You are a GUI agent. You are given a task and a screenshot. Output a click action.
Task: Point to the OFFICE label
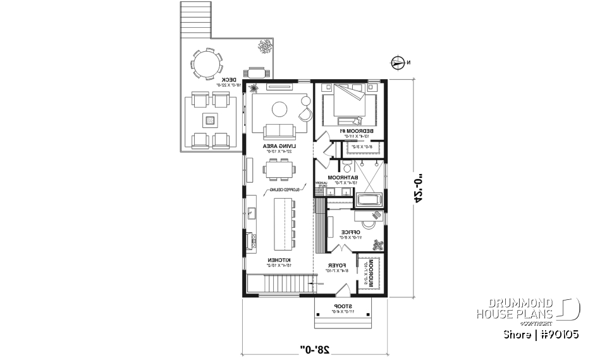point(350,232)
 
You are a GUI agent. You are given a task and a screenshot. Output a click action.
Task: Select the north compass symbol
point(398,62)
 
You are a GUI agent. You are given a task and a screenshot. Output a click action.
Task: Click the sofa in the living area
point(279,131)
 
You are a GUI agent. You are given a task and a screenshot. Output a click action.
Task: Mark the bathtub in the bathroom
point(368,201)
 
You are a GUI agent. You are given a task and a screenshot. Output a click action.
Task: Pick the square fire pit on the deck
point(210,119)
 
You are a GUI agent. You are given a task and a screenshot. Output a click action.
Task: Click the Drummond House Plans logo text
point(515,308)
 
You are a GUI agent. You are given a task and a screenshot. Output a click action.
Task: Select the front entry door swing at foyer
point(343,290)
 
